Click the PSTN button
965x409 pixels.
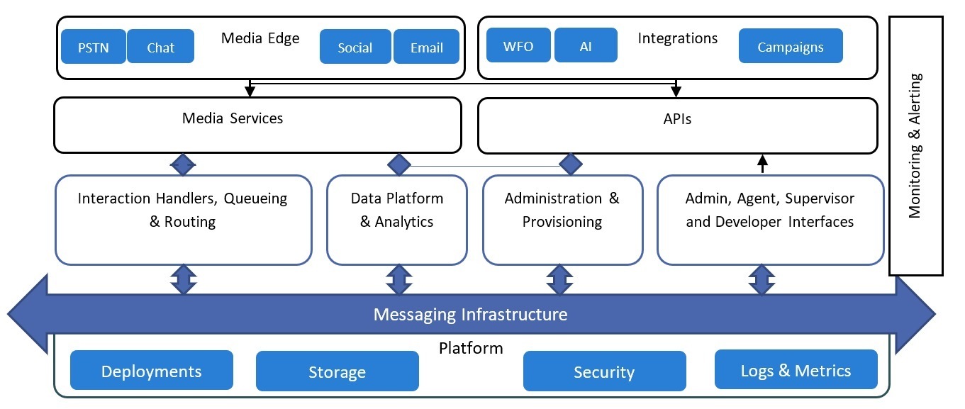93,47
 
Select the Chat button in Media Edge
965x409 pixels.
161,47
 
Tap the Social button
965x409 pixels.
355,47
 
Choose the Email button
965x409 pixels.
426,47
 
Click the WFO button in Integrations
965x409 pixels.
518,46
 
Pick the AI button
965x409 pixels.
586,46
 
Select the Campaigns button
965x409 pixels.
790,46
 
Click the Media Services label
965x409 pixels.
233,118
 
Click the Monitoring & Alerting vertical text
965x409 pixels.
915,145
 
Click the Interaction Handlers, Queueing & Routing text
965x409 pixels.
183,210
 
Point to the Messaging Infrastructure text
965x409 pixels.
470,314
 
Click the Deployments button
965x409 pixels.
151,371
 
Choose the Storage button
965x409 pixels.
337,372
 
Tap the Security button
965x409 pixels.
604,372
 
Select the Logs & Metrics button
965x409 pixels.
796,370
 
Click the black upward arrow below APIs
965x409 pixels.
763,164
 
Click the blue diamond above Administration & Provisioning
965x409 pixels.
571,165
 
